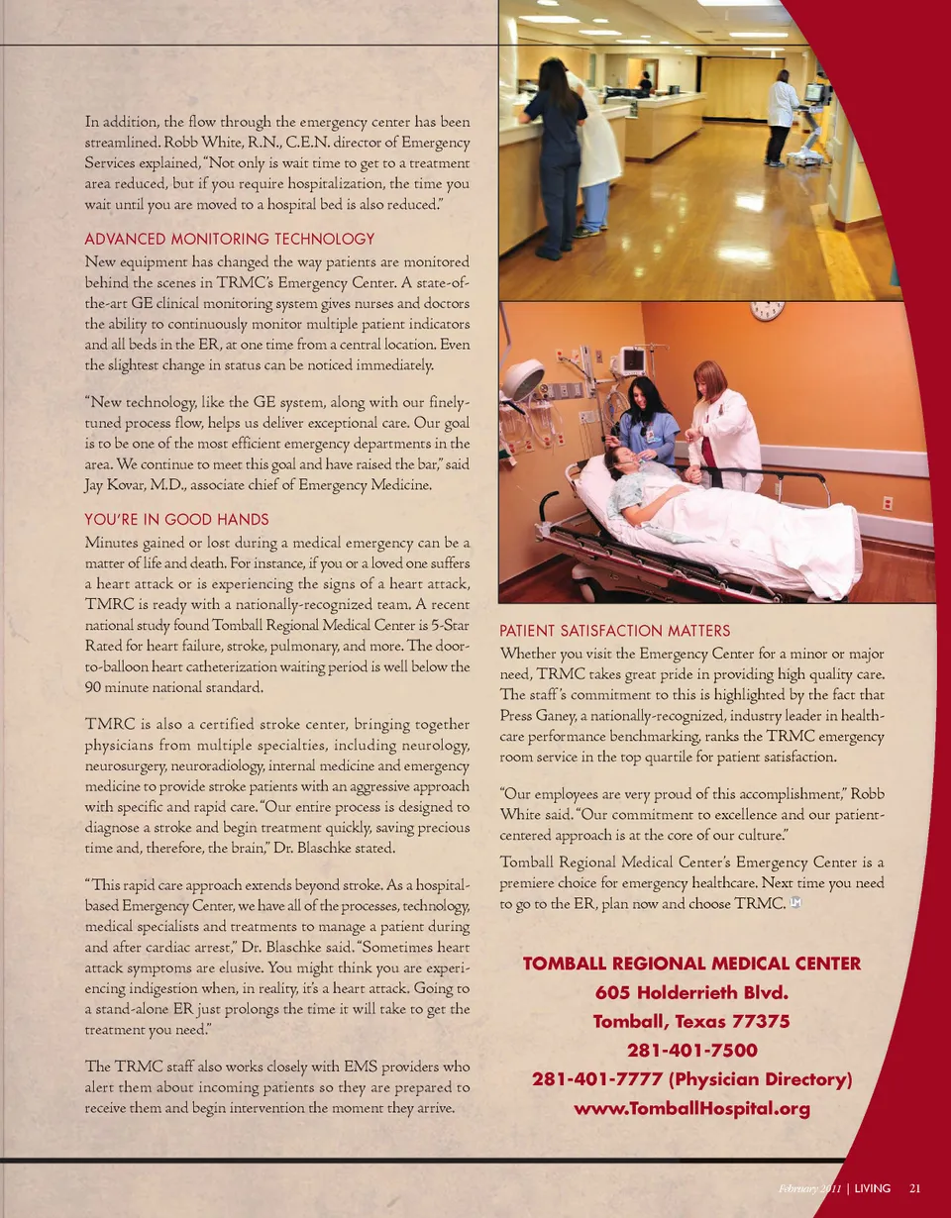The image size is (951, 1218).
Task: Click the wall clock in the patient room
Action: coord(767,309)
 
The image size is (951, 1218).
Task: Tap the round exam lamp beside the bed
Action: coord(523,379)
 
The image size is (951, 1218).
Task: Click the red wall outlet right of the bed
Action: coord(888,503)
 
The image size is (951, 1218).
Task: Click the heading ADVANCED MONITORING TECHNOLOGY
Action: coord(230,239)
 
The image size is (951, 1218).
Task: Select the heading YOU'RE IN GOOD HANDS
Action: coord(176,520)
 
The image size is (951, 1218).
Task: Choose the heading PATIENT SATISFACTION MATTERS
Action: coord(614,631)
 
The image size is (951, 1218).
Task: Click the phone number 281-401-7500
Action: coord(691,1051)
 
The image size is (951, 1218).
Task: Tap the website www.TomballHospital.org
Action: coord(691,1108)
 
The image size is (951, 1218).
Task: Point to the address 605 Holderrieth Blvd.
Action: coord(691,992)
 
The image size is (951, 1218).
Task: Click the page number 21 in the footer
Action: coord(915,1188)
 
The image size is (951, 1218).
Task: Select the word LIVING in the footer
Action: coord(872,1188)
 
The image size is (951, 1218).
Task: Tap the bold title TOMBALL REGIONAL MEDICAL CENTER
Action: coord(691,964)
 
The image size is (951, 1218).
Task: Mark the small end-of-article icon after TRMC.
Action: coord(794,903)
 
